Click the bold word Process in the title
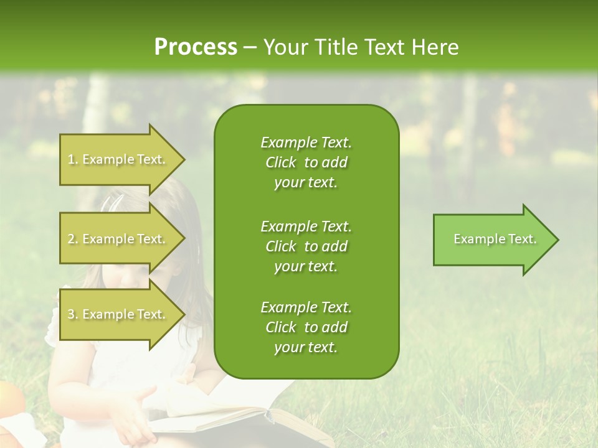pos(196,47)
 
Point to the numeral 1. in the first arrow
pos(72,159)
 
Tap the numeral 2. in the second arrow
pos(72,239)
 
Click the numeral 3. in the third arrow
pos(72,314)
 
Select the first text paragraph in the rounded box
pos(306,162)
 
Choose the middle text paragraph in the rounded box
pos(306,246)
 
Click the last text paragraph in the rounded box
pos(306,327)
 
